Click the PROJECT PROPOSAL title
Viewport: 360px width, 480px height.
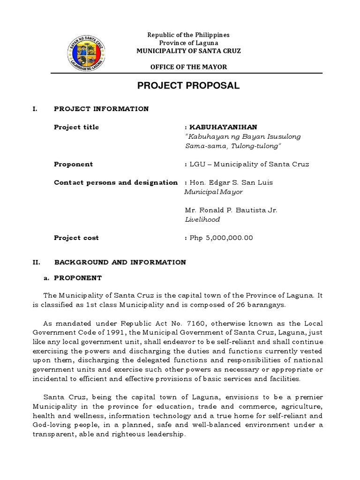[188, 86]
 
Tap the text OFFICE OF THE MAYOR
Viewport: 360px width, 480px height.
[188, 67]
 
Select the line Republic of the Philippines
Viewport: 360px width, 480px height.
[188, 35]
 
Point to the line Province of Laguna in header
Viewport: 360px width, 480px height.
[188, 43]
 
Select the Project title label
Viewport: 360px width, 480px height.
[76, 127]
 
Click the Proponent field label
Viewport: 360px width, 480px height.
[73, 164]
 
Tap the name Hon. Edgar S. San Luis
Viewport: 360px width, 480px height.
[231, 182]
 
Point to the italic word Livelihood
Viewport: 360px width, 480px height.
[202, 219]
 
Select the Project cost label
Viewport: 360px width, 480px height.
[76, 238]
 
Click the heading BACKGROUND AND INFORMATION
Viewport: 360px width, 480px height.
[120, 262]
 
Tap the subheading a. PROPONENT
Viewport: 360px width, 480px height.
[73, 277]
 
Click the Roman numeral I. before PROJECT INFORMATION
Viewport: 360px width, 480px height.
[34, 109]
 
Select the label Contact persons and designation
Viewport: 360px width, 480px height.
[116, 182]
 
